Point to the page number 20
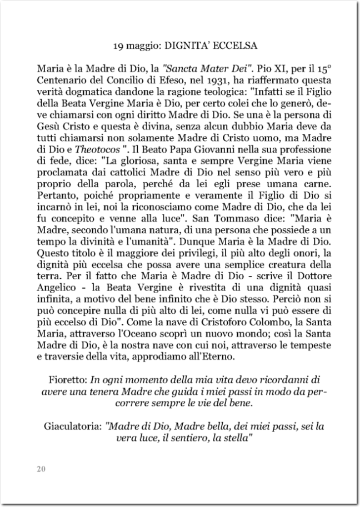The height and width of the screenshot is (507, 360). click(x=41, y=469)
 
